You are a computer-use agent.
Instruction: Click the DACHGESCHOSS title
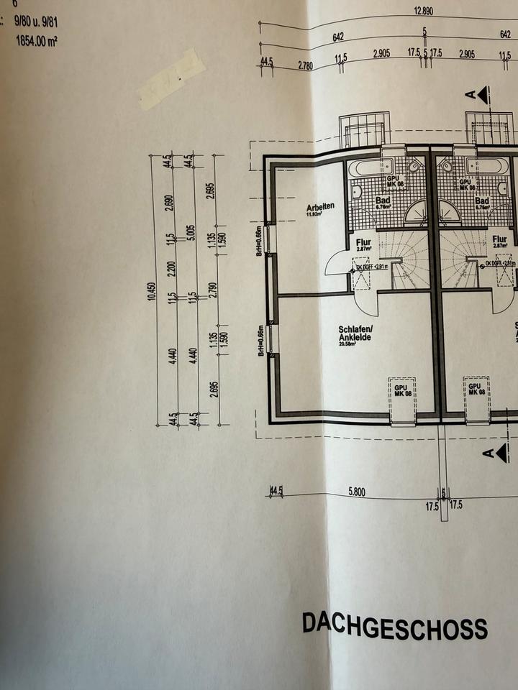pos(394,625)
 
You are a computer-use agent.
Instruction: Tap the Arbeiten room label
pos(320,206)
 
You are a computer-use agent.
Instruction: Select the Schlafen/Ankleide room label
pos(354,333)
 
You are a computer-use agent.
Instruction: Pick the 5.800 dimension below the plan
pos(355,492)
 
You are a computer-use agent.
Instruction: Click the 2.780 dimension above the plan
pos(305,65)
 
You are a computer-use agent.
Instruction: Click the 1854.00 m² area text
pos(35,42)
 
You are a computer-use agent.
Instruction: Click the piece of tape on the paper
pos(171,78)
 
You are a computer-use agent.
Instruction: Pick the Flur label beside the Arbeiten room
pos(363,242)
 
